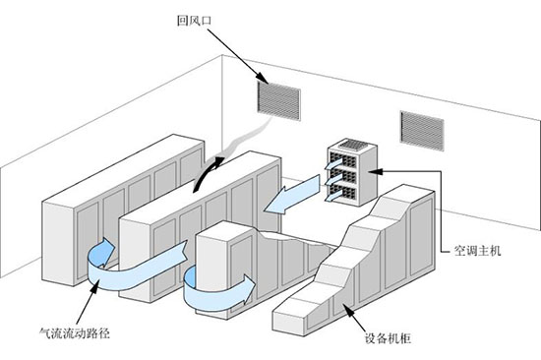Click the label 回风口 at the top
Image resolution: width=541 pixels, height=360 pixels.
pos(189,20)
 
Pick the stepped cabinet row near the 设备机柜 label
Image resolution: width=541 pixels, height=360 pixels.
pos(354,256)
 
